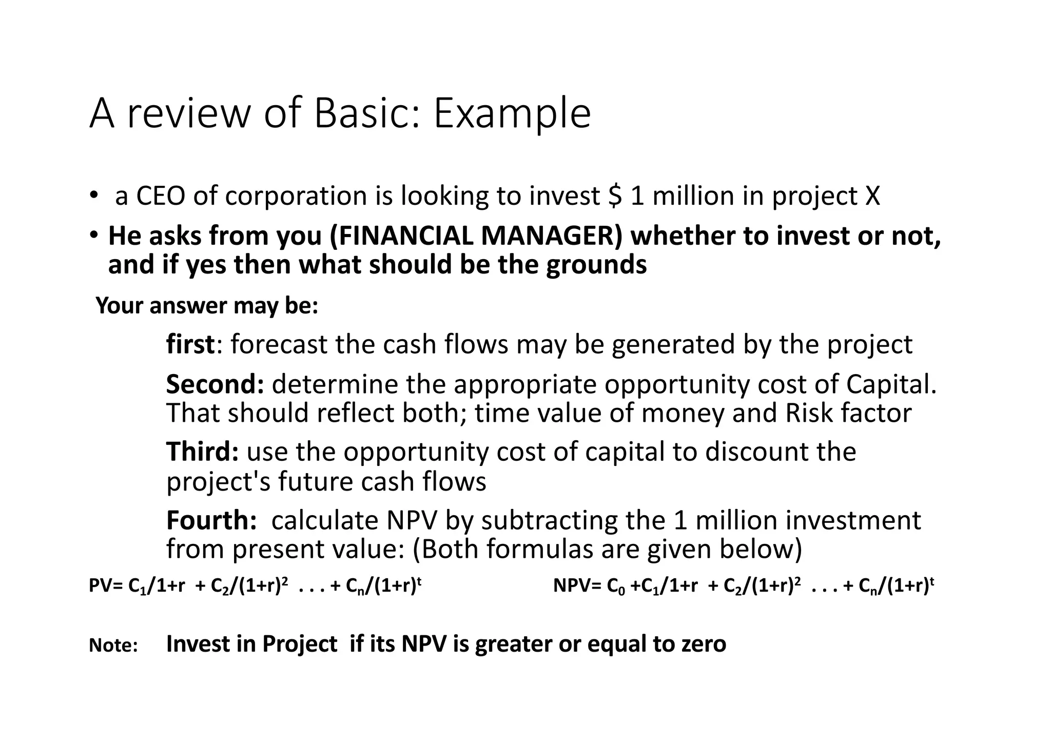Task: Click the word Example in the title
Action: (x=512, y=114)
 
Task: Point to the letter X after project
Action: (x=872, y=196)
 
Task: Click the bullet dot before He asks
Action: (x=93, y=235)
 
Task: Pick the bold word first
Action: (x=190, y=344)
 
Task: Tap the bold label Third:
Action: (x=202, y=452)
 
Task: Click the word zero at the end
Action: (x=704, y=644)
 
